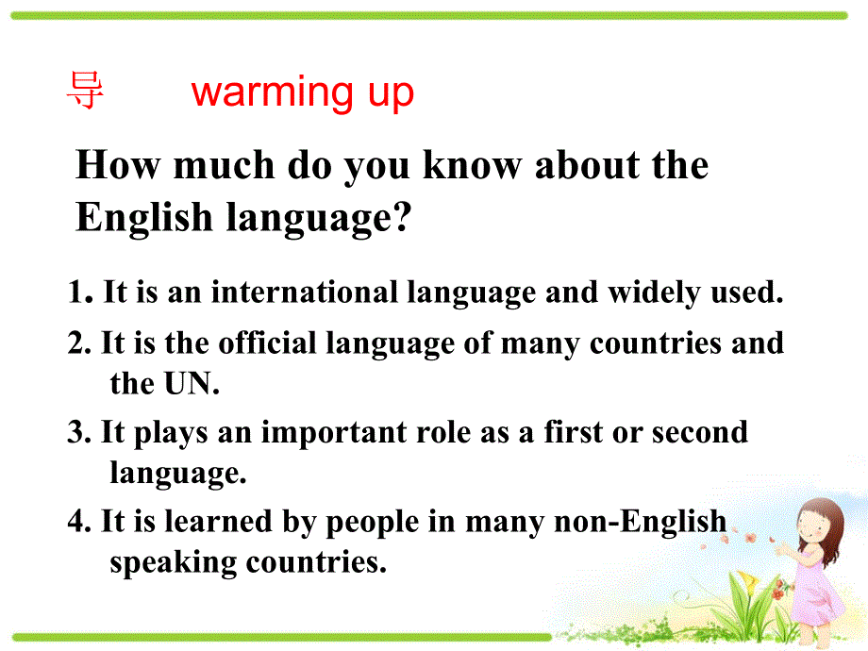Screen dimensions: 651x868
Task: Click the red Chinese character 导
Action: pyautogui.click(x=85, y=92)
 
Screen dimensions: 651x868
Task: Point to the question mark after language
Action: pyautogui.click(x=404, y=218)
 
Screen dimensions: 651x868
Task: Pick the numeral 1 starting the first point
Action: pyautogui.click(x=75, y=293)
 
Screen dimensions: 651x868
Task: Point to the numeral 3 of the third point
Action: pyautogui.click(x=75, y=433)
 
